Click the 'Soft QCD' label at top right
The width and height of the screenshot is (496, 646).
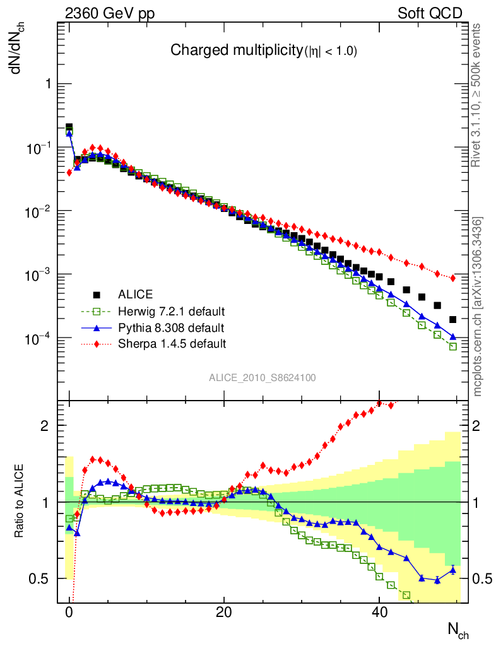(x=430, y=13)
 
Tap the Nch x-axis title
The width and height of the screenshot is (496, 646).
(x=458, y=629)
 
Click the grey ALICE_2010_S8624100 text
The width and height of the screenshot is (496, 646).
(x=263, y=378)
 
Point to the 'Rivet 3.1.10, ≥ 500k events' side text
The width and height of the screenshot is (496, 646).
(x=476, y=95)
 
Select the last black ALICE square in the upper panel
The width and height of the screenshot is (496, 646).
(x=452, y=320)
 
